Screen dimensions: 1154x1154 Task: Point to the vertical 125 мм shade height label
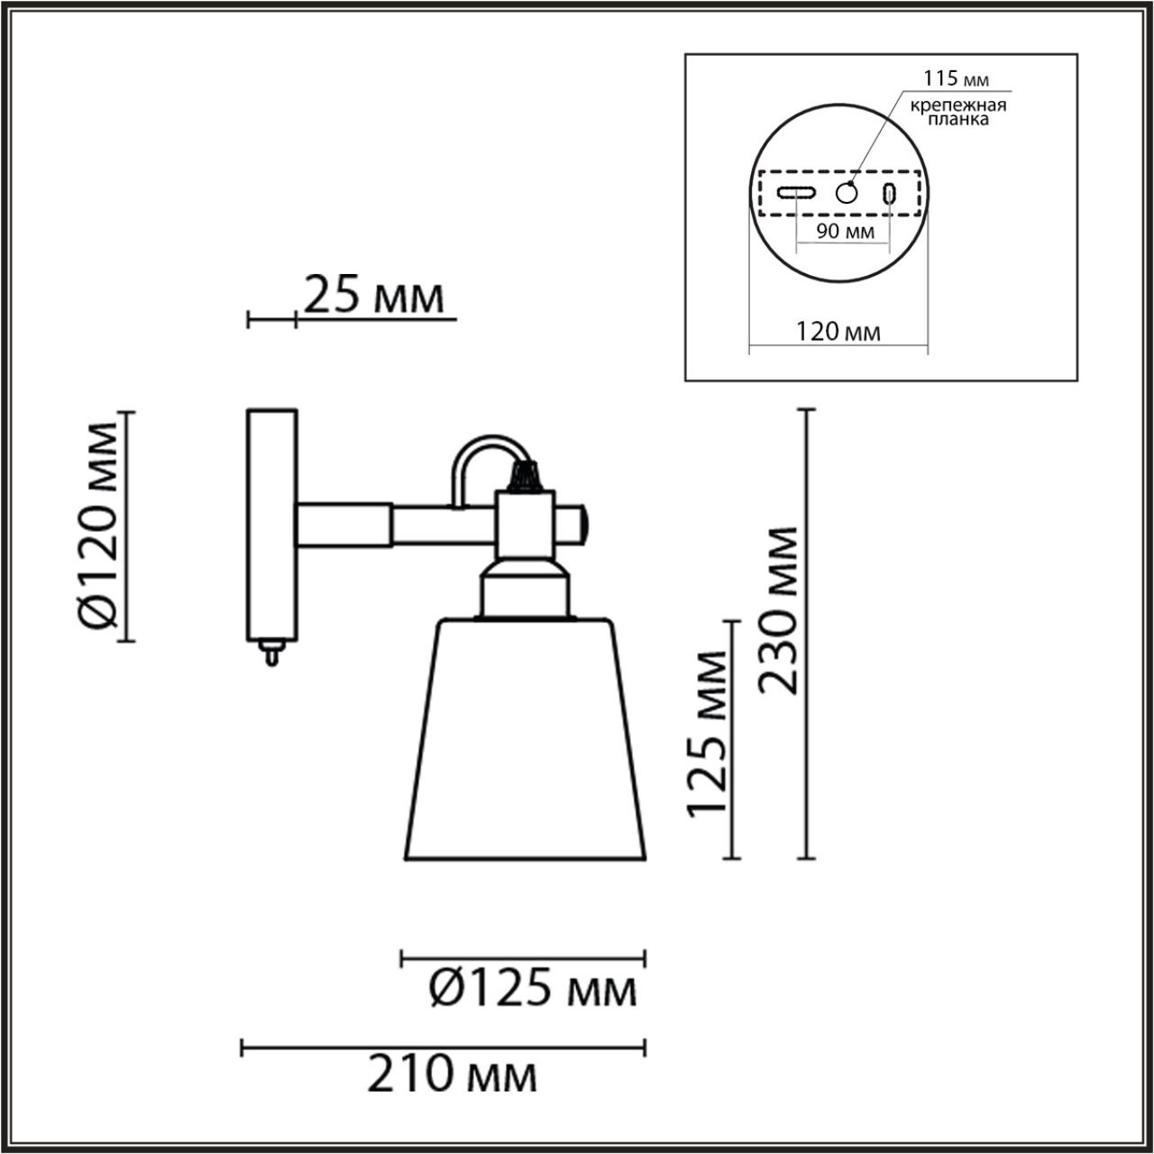[707, 732]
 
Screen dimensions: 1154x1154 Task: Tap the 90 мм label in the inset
[845, 232]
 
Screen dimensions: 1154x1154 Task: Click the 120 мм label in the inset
[838, 332]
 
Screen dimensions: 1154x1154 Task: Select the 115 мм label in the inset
[942, 79]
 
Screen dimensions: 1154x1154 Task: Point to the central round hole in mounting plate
[847, 192]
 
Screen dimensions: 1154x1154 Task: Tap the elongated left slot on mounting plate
[797, 192]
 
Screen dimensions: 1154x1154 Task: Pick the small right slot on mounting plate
[890, 192]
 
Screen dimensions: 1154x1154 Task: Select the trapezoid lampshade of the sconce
[525, 739]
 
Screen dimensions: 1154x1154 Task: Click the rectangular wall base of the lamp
[271, 523]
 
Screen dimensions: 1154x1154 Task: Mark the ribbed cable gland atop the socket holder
[525, 475]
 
